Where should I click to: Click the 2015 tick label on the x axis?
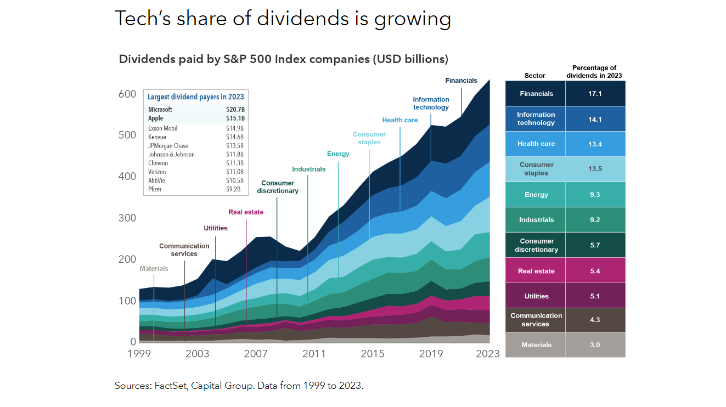pos(373,354)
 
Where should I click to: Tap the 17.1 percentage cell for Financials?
pos(595,94)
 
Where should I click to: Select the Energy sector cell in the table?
pos(536,195)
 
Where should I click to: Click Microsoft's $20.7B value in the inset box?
pos(235,110)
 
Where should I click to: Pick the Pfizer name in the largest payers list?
pos(155,189)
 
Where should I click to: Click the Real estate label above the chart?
pos(246,212)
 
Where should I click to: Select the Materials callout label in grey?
pos(154,269)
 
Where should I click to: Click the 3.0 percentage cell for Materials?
pos(595,345)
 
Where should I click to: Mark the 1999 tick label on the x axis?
pos(139,354)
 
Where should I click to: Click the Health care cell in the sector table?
pos(536,144)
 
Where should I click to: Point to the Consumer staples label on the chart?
pos(369,138)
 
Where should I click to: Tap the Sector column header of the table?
pos(534,76)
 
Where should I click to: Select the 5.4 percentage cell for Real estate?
pos(595,271)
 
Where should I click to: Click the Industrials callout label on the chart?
pos(308,169)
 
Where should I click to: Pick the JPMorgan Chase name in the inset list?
pos(168,146)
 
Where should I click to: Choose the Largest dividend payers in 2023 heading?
pos(196,97)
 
